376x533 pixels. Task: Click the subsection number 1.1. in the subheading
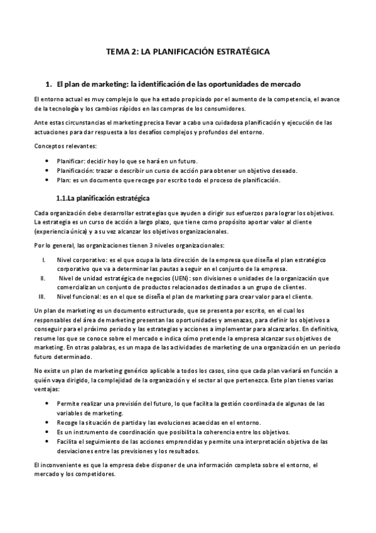65,199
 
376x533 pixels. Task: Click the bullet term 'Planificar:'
73,162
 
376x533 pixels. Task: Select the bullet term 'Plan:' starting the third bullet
65,180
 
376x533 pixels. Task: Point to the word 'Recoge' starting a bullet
68,422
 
